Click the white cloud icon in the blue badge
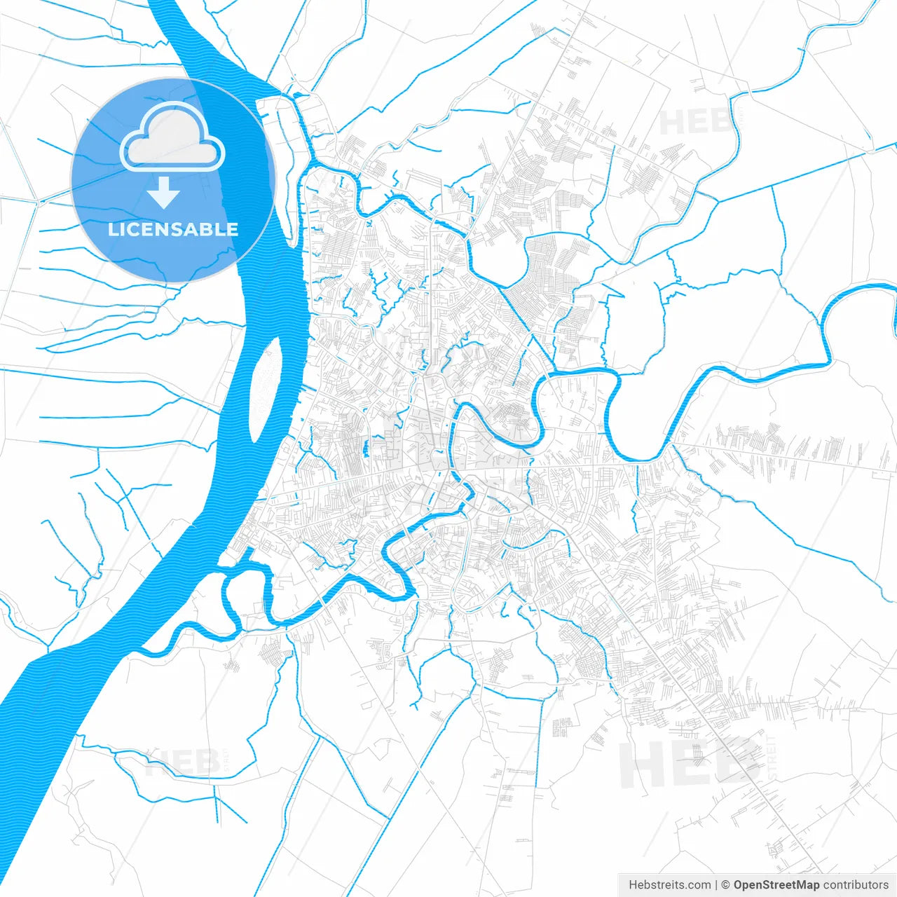point(172,139)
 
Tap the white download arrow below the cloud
point(164,193)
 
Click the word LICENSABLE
point(172,230)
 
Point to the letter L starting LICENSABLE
point(112,230)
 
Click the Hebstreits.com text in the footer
point(669,885)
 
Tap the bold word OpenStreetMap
point(776,885)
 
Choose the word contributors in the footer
point(856,885)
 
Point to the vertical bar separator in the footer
point(716,885)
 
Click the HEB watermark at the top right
point(694,123)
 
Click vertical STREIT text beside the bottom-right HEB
point(772,757)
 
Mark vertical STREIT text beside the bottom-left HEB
point(225,760)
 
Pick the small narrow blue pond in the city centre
point(366,448)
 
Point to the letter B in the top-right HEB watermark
point(719,123)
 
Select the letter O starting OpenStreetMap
point(739,885)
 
